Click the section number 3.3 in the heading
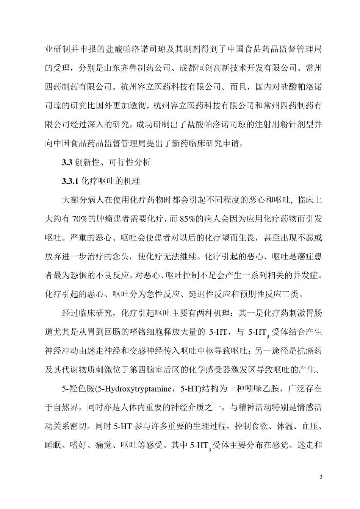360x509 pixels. coord(67,162)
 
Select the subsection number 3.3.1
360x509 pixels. coord(70,181)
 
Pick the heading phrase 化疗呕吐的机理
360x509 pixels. coord(111,181)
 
